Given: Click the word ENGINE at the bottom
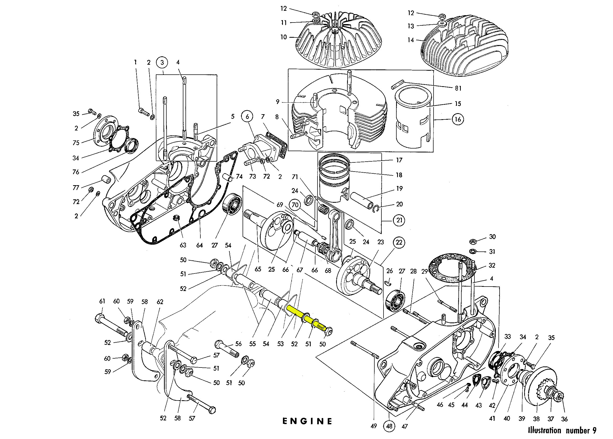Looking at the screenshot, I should (307, 421).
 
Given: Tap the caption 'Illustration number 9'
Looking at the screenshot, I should (562, 430).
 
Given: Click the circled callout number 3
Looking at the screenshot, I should (162, 62).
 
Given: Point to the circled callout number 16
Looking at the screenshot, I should (458, 119).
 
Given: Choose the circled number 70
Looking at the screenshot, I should (295, 205).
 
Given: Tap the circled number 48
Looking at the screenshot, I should (389, 426).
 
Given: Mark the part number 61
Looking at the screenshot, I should (102, 301).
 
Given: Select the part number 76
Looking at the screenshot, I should (76, 172).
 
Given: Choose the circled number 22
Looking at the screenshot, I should (399, 242).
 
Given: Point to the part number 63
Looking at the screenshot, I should (183, 245).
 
